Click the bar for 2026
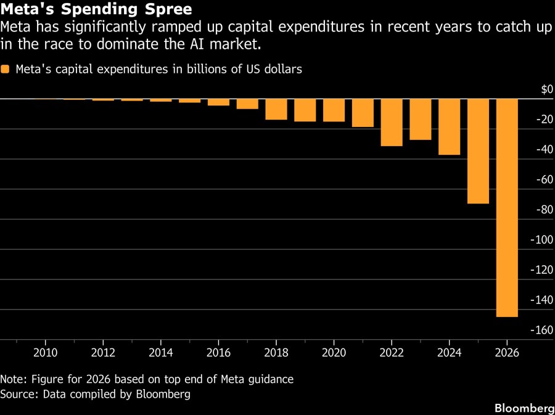507,207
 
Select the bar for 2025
478,151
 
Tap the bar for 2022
392,122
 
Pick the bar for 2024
449,126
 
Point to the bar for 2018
276,109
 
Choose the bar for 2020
334,110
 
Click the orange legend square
6,70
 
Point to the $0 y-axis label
546,90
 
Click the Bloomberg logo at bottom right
524,408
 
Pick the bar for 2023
421,119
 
